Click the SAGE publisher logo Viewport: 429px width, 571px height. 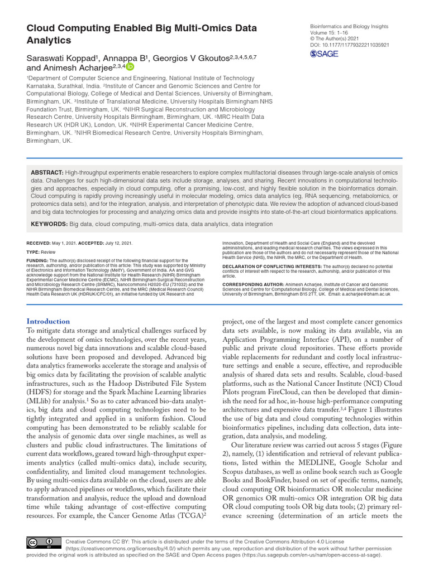point(325,54)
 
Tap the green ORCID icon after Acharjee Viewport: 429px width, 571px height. point(130,66)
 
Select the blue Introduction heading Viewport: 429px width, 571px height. point(49,321)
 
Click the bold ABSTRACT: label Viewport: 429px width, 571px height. point(47,173)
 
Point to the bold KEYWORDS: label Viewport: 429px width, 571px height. point(49,224)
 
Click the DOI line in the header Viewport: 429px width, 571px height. point(350,45)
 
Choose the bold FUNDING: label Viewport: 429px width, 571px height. point(37,260)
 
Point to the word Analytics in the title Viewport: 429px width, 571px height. point(49,41)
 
